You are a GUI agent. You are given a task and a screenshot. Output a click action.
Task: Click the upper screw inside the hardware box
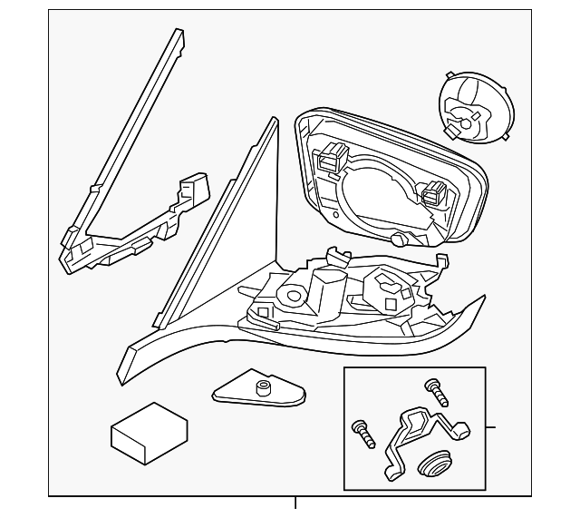pos(440,393)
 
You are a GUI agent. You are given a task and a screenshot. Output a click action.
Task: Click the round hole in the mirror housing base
pos(293,295)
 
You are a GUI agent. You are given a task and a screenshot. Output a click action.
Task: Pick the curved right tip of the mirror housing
pos(480,300)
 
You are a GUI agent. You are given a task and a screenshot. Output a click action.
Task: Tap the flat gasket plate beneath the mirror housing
pos(258,392)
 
